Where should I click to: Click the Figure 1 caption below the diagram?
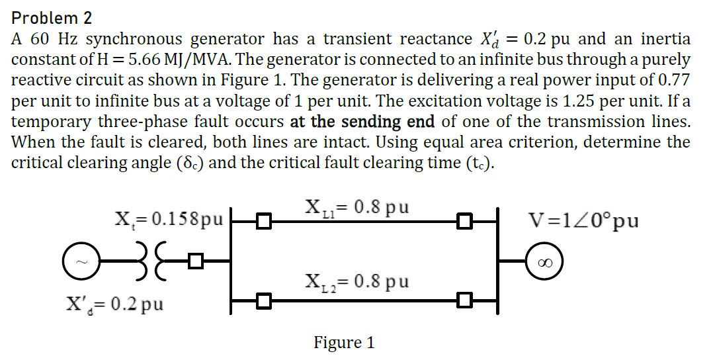(344, 343)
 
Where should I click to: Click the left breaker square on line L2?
(264, 302)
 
